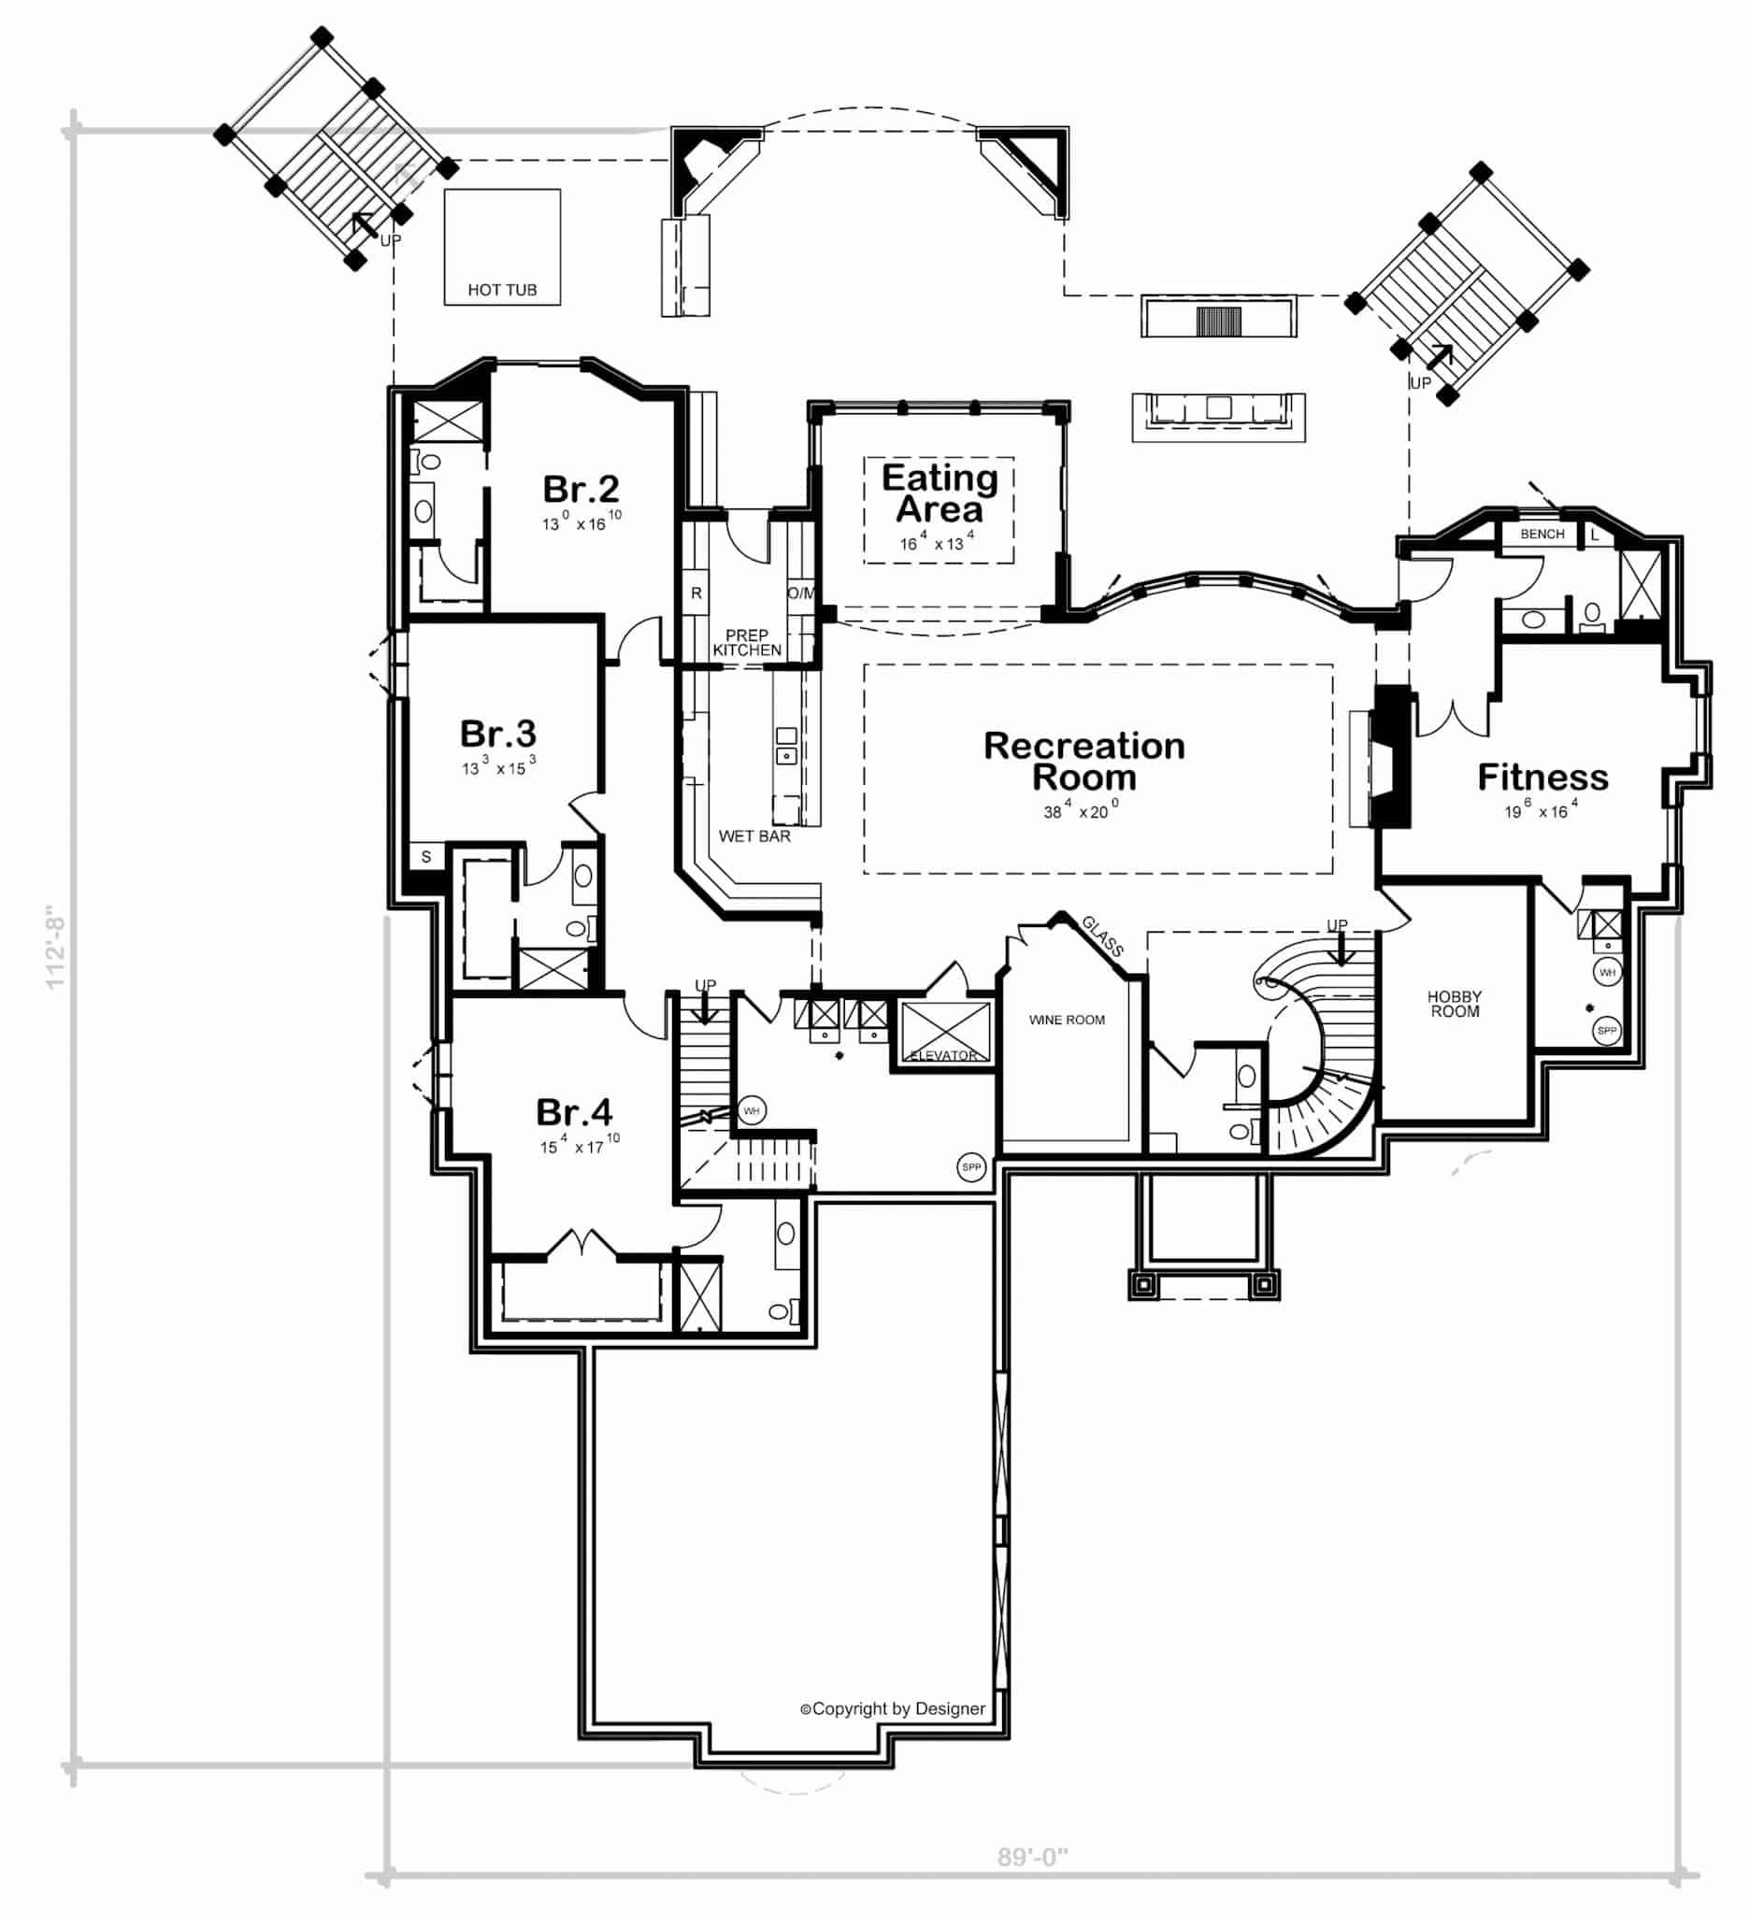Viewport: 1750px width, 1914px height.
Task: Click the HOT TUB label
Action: (501, 290)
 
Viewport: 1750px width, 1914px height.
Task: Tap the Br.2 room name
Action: (581, 489)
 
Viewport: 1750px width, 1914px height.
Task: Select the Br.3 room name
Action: (497, 733)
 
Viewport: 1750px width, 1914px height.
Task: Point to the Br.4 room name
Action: (574, 1112)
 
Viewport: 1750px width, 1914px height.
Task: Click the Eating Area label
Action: (939, 493)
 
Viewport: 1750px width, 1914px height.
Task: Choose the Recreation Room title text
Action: (1083, 762)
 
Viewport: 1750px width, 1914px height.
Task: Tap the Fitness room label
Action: (1542, 778)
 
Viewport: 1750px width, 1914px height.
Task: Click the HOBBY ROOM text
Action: (1454, 1004)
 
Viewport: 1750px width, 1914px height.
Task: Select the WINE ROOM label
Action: (1067, 1020)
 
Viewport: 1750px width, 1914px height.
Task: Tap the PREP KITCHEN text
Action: (746, 643)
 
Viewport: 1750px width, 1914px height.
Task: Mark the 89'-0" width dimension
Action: (1032, 1857)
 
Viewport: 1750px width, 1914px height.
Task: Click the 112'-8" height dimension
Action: (55, 947)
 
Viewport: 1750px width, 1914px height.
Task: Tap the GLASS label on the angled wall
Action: (1101, 936)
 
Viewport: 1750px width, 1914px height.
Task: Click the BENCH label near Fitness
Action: (1542, 534)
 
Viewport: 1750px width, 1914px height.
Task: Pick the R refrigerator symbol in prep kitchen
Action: (696, 593)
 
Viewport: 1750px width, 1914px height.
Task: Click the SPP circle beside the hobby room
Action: (1606, 1031)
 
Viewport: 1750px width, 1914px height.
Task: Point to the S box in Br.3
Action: (425, 856)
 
